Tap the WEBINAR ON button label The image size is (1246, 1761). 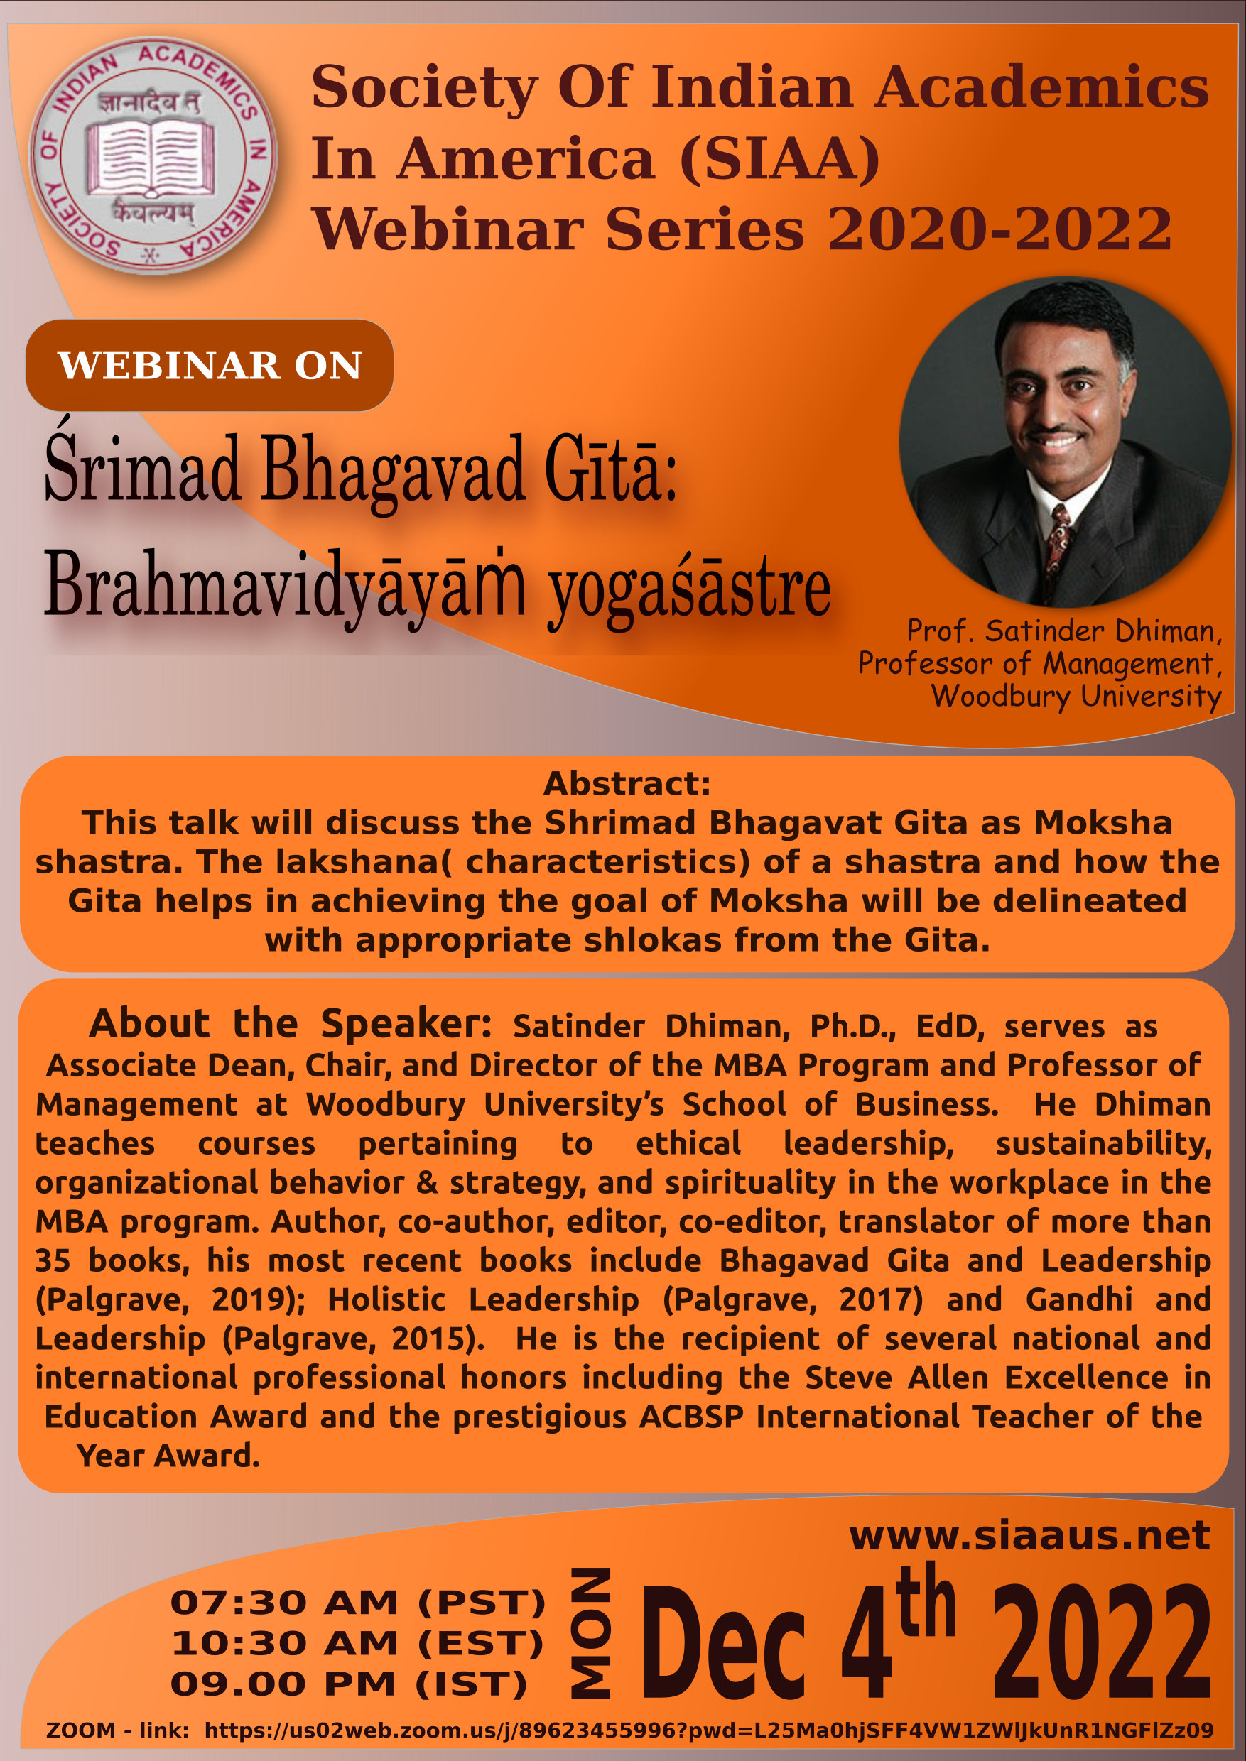click(210, 366)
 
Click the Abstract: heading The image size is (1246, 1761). click(627, 784)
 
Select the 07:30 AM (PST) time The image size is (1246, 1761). click(358, 1602)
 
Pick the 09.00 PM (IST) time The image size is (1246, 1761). click(349, 1684)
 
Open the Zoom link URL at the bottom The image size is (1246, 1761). click(708, 1730)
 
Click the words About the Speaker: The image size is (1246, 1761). click(290, 1024)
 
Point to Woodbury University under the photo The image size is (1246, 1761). click(1076, 697)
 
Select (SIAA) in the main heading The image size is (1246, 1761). click(779, 159)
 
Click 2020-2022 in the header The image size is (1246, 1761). click(999, 229)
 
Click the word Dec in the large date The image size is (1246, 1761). click(722, 1642)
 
